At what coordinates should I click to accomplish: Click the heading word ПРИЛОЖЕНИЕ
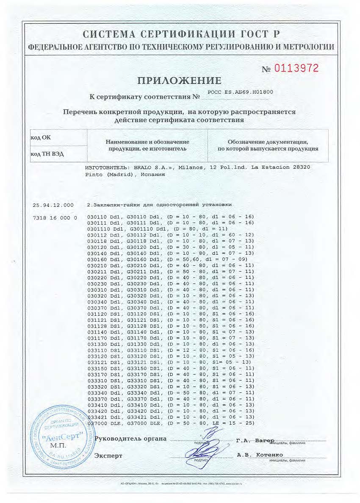[179, 81]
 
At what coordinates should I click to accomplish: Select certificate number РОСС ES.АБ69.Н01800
[241, 92]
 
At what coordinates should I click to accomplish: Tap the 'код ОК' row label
[41, 138]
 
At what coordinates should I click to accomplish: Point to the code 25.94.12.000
[53, 205]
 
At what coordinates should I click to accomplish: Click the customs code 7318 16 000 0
[55, 217]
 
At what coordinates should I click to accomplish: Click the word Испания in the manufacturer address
[149, 174]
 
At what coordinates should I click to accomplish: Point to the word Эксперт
[108, 456]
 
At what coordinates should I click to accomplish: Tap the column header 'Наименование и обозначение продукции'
[147, 145]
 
